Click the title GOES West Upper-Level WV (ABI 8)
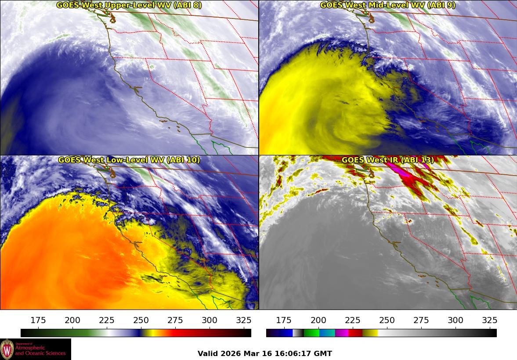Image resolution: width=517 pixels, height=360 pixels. click(129, 5)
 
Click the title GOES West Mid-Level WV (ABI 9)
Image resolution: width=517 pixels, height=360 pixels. click(387, 5)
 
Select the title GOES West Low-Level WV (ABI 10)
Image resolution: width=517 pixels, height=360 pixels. click(129, 160)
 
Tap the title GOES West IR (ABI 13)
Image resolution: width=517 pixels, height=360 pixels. click(387, 160)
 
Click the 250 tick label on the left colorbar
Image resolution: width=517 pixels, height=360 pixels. click(141, 320)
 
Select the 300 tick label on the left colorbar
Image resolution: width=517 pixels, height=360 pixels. click(210, 320)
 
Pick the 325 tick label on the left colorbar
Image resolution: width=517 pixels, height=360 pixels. click(244, 320)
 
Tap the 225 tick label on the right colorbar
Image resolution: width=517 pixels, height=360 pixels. click(352, 320)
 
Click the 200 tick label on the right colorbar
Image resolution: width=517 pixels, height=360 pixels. click(318, 320)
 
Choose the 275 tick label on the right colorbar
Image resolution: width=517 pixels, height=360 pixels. click(421, 320)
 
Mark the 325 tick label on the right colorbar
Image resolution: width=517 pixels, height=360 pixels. click(489, 320)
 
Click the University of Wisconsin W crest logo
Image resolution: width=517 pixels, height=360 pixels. click(7, 349)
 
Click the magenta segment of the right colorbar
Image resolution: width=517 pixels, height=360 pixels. click(342, 333)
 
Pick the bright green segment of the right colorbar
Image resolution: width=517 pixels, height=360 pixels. click(311, 333)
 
